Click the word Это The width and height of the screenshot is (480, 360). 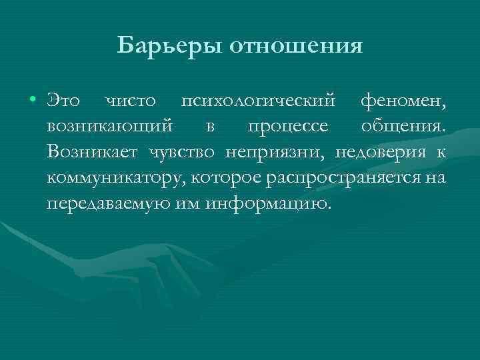point(65,102)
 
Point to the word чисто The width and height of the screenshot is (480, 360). point(131,102)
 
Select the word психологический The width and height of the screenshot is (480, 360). point(258,102)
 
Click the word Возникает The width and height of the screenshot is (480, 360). point(93,151)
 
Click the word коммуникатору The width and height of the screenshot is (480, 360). point(117,177)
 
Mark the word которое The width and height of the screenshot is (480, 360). point(227,177)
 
